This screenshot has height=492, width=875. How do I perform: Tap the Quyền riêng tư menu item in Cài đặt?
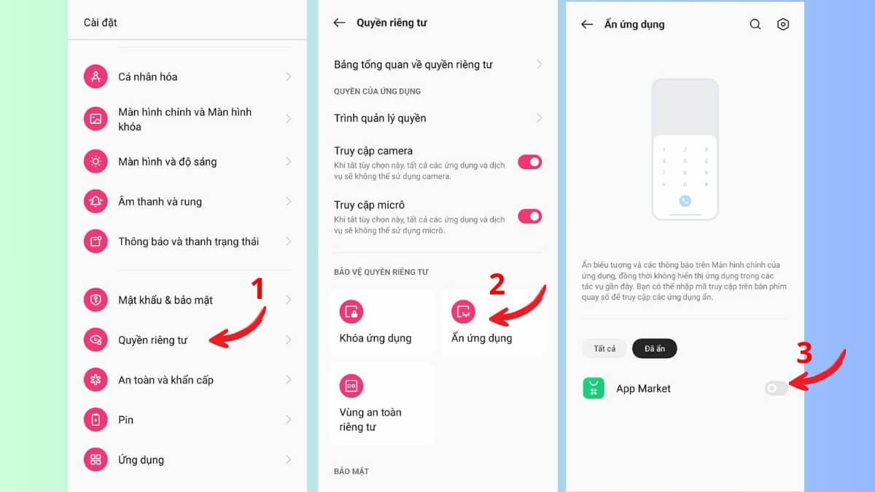click(x=153, y=340)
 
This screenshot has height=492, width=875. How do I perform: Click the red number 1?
click(x=256, y=289)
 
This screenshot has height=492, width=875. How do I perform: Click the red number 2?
click(x=497, y=285)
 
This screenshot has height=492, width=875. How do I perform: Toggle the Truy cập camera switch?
click(x=530, y=162)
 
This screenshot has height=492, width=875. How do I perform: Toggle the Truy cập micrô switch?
click(x=530, y=216)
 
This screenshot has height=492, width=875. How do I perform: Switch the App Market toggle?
click(x=776, y=388)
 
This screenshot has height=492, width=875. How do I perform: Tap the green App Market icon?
click(x=594, y=388)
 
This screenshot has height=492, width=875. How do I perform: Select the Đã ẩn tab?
click(x=654, y=348)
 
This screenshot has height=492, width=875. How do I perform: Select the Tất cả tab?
click(x=604, y=348)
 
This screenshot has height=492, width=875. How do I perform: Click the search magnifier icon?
click(x=755, y=24)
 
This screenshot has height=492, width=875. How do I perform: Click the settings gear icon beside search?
click(x=783, y=24)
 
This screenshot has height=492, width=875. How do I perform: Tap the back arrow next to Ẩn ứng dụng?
click(x=587, y=24)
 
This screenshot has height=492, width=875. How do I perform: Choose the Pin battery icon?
click(x=96, y=420)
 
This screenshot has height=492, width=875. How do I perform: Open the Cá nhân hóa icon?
click(x=96, y=77)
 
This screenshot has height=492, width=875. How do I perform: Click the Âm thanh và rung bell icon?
click(x=96, y=201)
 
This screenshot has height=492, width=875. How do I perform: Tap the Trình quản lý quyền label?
click(x=380, y=118)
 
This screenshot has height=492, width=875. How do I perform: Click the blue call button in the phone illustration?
click(x=685, y=200)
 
